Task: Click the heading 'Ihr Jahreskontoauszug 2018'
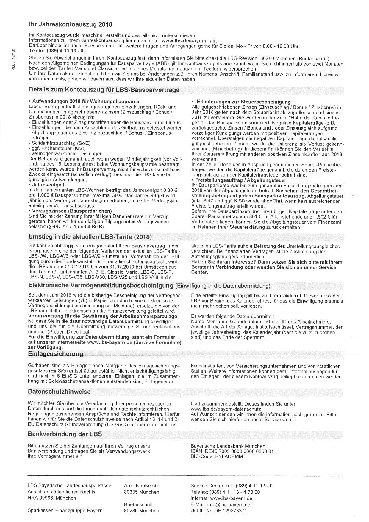point(71,24)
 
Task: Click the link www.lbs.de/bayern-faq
point(189,41)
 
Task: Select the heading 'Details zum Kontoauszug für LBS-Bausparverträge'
point(104,90)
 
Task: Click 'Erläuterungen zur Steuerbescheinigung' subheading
point(243,102)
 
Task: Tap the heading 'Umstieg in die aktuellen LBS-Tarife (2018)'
point(90,237)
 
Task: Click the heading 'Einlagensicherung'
point(55,354)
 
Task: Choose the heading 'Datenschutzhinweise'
point(59,392)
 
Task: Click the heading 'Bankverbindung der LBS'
point(65,434)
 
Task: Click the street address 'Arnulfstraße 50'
point(141,486)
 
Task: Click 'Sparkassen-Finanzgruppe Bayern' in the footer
point(65,511)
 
